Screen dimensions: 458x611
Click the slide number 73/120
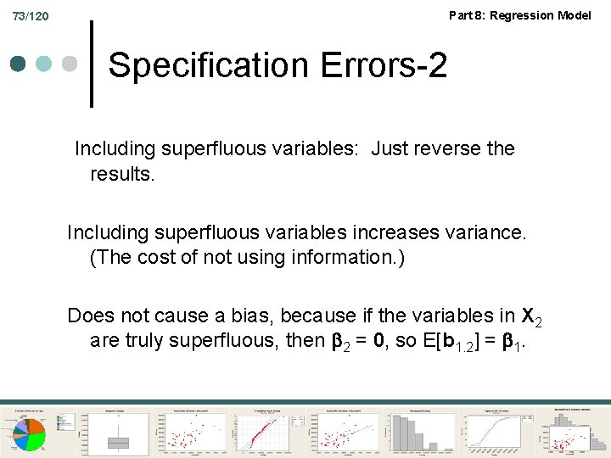[31, 16]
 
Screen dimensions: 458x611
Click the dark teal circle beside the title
[19, 64]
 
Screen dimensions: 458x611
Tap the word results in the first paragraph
[122, 174]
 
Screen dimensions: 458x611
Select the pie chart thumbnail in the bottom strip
[34, 429]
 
